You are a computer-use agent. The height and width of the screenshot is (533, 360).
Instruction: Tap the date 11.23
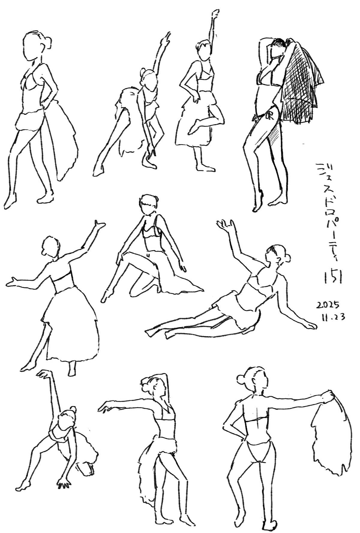pos(332,317)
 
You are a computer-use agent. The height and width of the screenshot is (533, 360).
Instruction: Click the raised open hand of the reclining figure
pos(226,224)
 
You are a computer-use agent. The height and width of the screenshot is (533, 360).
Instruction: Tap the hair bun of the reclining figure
pos(288,257)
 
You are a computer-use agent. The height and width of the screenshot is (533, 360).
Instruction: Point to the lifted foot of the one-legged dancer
pos(194,126)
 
